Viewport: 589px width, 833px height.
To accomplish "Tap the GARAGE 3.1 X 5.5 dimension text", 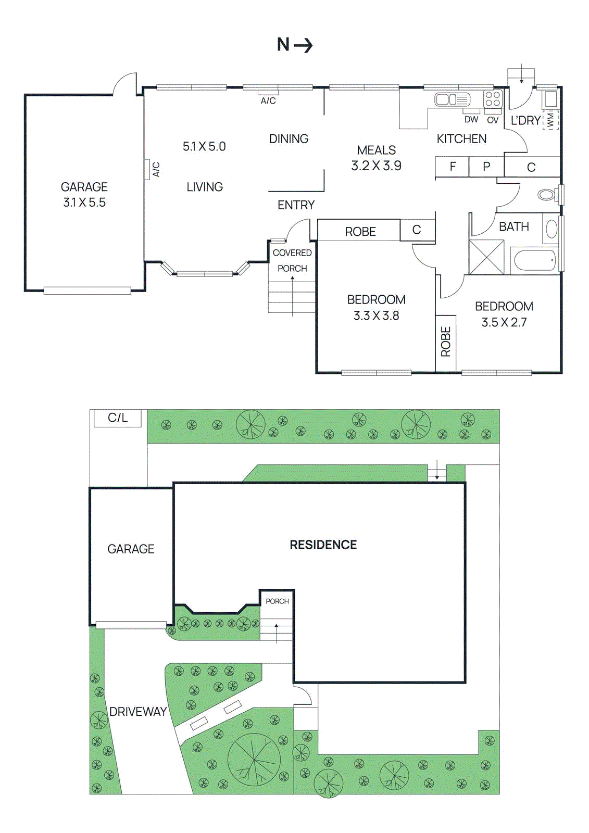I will click(x=84, y=203).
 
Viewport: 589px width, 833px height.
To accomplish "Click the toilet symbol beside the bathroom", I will click(x=547, y=195).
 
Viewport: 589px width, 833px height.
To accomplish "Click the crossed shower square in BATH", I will click(x=486, y=257).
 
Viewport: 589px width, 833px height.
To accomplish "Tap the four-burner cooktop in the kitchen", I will click(x=493, y=99).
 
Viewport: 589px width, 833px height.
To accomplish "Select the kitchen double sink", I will click(x=452, y=99).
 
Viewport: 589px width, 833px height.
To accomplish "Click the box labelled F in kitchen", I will click(x=452, y=167).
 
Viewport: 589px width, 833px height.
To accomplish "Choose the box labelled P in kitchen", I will click(x=486, y=167).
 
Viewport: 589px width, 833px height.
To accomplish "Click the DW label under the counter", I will click(x=471, y=120).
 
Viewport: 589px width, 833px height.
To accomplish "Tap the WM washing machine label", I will click(x=550, y=120).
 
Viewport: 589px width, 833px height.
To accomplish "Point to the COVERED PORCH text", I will click(x=292, y=260).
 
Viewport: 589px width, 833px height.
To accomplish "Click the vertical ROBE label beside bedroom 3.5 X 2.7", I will click(x=446, y=342).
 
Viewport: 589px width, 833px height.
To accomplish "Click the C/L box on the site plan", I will click(x=118, y=418).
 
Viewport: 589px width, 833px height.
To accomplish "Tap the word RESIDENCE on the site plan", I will click(x=323, y=545).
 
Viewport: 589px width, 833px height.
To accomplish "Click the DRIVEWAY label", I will click(x=138, y=712).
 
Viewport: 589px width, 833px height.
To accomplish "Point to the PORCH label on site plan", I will click(x=277, y=601).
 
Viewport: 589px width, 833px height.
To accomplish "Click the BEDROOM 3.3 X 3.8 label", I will click(x=376, y=308).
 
